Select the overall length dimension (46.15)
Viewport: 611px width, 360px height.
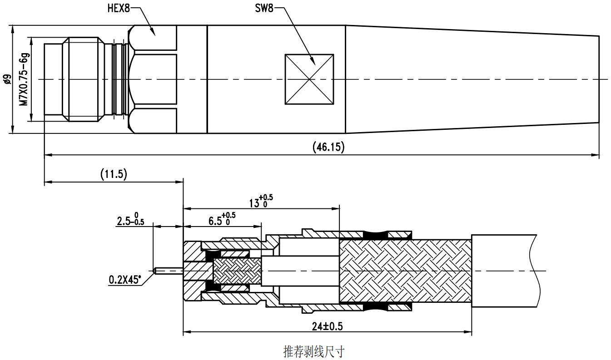pos(328,147)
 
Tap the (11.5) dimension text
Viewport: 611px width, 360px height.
pos(114,174)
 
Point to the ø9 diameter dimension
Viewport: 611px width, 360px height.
pos(6,79)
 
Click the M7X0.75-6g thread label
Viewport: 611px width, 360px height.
pos(24,79)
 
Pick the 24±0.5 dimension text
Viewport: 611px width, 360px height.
pos(327,326)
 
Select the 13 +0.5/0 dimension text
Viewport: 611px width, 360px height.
pos(261,201)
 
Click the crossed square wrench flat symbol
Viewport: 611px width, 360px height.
pos(309,79)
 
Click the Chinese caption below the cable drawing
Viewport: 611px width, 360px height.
pos(313,351)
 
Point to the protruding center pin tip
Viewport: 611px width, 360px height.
pos(157,271)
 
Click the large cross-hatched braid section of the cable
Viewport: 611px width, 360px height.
pos(404,271)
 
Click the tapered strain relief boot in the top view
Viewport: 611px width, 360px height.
pos(472,79)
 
